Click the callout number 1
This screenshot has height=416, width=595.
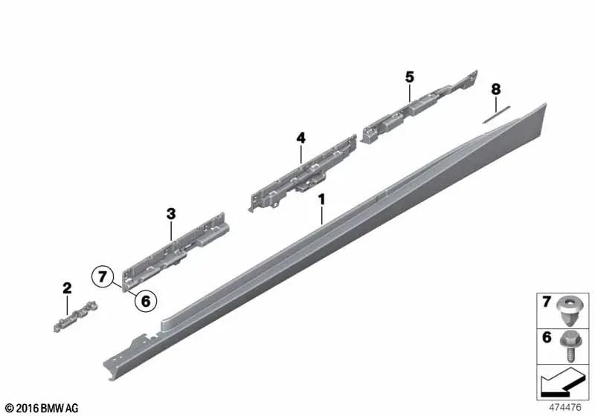pos(321,200)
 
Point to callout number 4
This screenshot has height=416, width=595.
pos(300,137)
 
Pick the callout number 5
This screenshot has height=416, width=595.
pos(409,77)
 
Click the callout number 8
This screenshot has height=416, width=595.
pos(495,89)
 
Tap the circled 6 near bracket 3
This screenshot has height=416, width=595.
pos(145,301)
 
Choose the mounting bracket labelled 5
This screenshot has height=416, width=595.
pos(416,107)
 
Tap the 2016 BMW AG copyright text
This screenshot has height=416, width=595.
pos(37,408)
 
